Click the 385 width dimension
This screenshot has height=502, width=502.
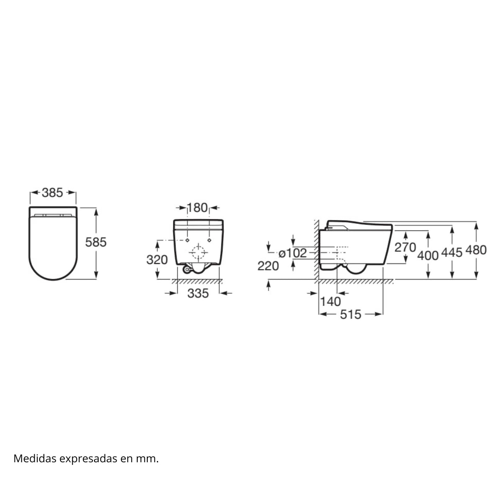(53, 193)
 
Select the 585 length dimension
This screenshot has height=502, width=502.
(96, 242)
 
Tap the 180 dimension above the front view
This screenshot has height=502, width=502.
(197, 207)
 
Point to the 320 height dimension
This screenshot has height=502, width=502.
(157, 260)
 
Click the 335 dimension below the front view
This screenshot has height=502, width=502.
(198, 293)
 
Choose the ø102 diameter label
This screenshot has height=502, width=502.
(293, 253)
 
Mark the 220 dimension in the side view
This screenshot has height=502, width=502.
(268, 266)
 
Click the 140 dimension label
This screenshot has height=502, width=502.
(330, 301)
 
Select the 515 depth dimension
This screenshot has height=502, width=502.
(351, 314)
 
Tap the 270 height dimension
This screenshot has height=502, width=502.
(405, 247)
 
